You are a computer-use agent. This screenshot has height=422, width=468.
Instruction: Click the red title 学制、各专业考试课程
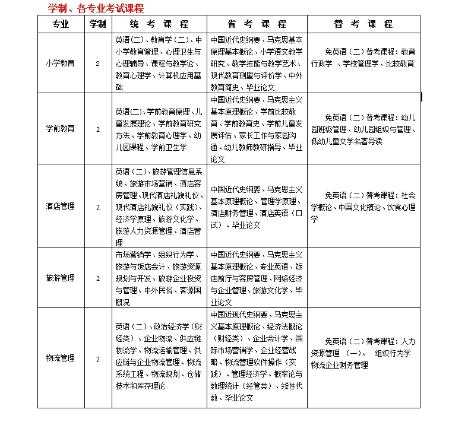96,8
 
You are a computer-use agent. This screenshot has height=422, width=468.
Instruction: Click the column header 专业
61,24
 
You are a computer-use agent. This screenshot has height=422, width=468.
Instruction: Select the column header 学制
98,24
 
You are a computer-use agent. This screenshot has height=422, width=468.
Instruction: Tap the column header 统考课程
159,24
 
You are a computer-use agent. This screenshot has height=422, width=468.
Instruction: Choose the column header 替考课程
363,24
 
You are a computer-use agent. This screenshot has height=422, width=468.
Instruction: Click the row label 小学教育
61,64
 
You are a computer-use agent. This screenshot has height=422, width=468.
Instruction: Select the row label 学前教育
61,129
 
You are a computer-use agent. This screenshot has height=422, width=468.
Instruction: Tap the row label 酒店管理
61,207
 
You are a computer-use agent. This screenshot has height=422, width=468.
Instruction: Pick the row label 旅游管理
61,278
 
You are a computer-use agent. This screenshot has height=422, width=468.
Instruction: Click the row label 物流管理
61,358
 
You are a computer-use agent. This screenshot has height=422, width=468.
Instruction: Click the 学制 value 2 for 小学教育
98,64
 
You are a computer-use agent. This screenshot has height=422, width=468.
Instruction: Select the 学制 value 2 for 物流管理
98,358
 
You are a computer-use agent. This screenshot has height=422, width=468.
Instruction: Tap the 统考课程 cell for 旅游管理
159,278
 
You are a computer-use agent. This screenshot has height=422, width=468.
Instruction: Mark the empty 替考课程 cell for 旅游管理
363,278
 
